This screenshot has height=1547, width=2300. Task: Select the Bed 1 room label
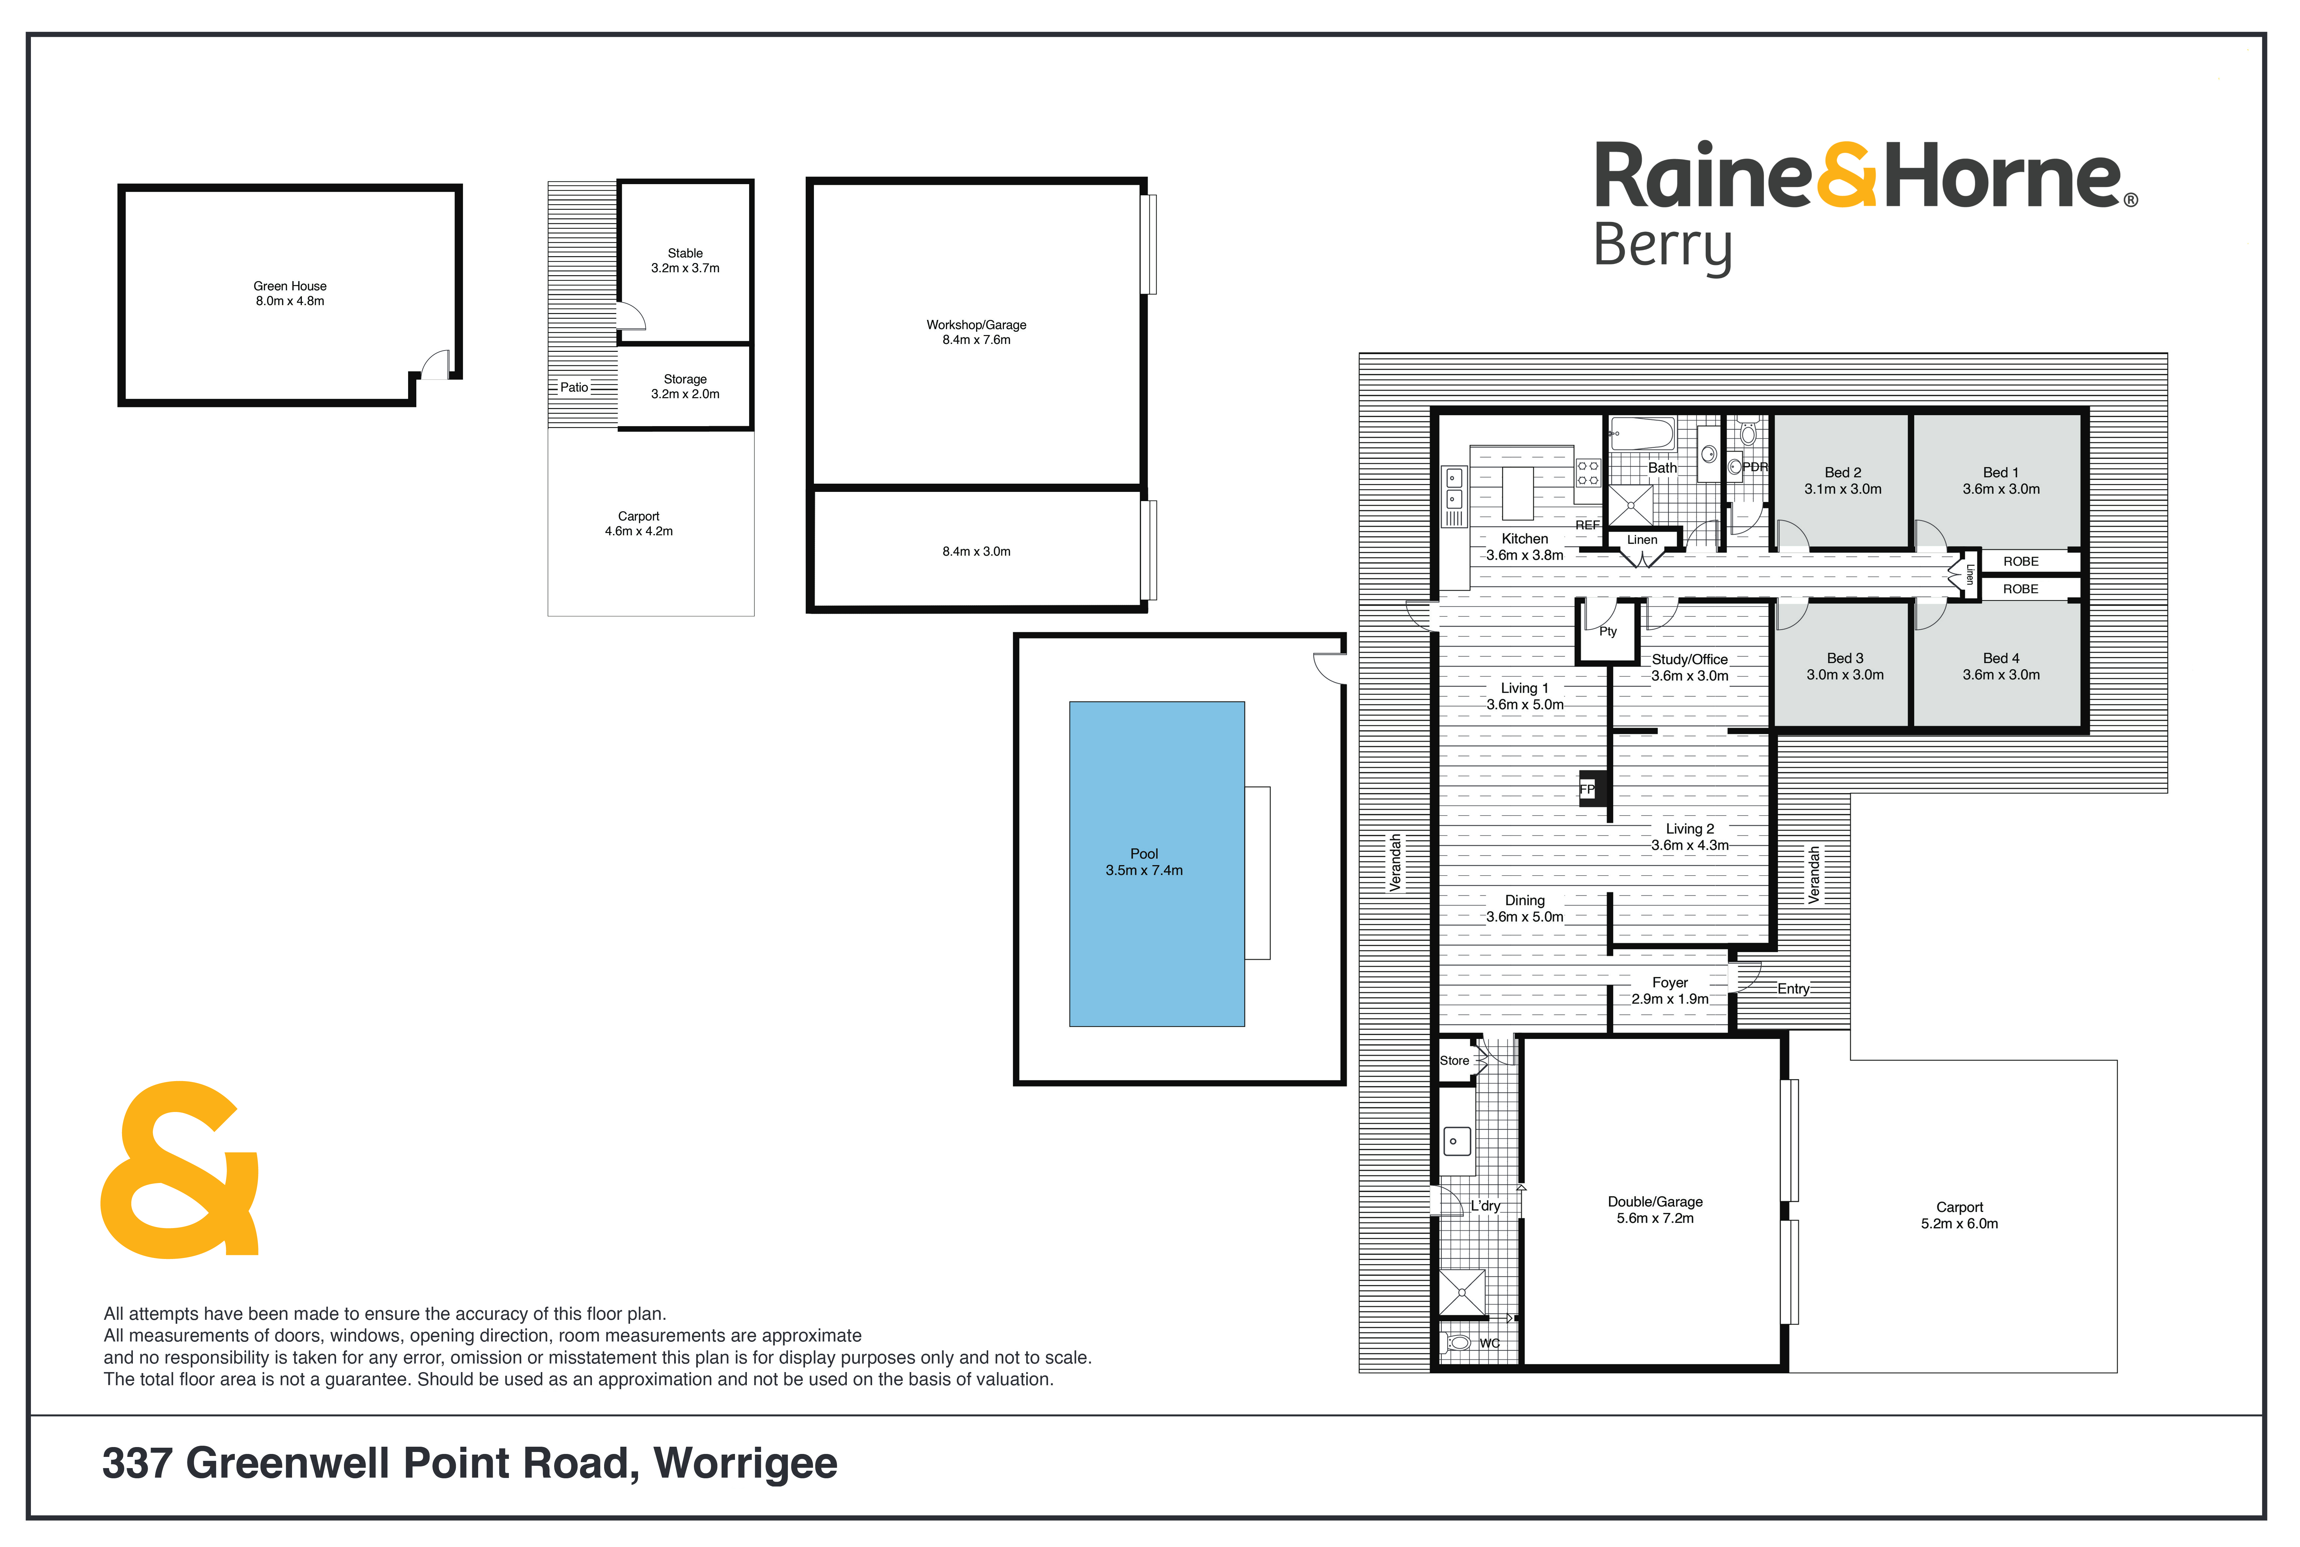pyautogui.click(x=2000, y=472)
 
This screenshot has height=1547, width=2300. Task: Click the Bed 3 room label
pyautogui.click(x=1844, y=658)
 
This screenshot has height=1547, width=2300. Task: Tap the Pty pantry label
pyautogui.click(x=1607, y=631)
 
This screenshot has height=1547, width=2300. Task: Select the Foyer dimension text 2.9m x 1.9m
pyautogui.click(x=1670, y=999)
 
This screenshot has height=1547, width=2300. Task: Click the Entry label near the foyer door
pyautogui.click(x=1793, y=989)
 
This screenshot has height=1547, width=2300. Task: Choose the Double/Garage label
pyautogui.click(x=1655, y=1202)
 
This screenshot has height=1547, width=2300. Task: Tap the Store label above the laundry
pyautogui.click(x=1454, y=1061)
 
